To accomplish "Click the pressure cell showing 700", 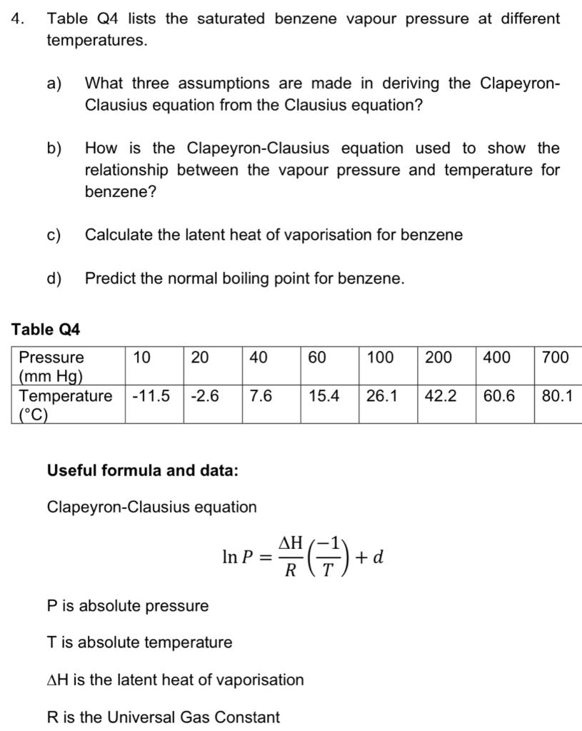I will pyautogui.click(x=556, y=357).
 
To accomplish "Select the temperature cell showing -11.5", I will pyautogui.click(x=151, y=395).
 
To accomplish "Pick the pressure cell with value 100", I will pyautogui.click(x=380, y=357).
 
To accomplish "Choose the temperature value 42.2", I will pyautogui.click(x=441, y=395).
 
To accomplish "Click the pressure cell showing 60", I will pyautogui.click(x=318, y=357).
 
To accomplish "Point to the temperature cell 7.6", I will pyautogui.click(x=261, y=395).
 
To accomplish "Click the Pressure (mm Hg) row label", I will pyautogui.click(x=51, y=366).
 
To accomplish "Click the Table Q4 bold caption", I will pyautogui.click(x=46, y=329).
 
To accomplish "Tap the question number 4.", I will pyautogui.click(x=17, y=19).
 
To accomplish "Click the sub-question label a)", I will pyautogui.click(x=55, y=84).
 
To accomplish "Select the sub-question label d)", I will pyautogui.click(x=55, y=278).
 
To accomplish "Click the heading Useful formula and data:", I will pyautogui.click(x=143, y=470).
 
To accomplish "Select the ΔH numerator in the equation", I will pyautogui.click(x=290, y=543).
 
